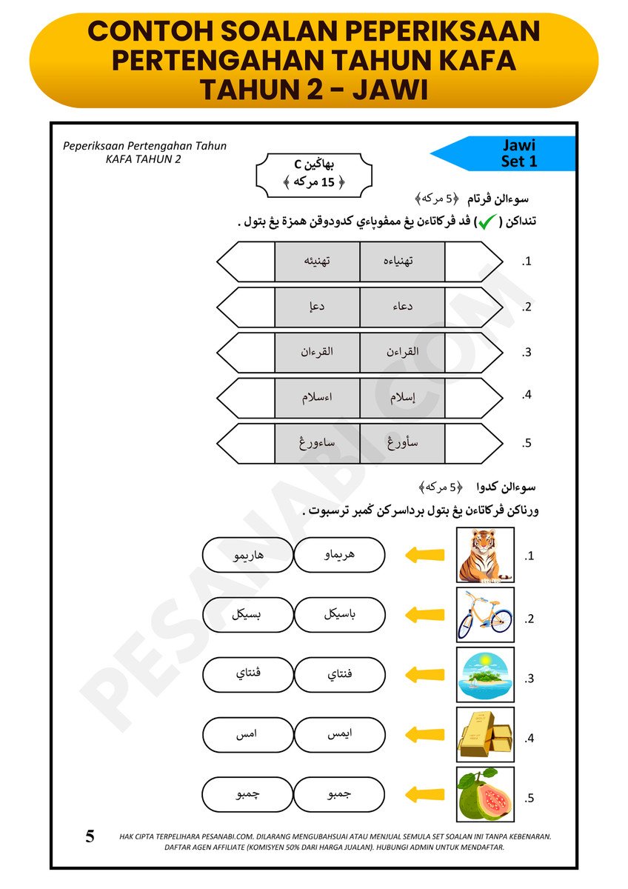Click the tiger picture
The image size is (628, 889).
[485, 555]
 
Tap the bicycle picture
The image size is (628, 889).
[485, 615]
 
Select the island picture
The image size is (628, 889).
[485, 675]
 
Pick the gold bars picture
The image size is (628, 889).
[485, 735]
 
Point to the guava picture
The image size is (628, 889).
[485, 795]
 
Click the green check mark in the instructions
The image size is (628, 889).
[487, 222]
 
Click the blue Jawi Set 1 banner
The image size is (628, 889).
[511, 153]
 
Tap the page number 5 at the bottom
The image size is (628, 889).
[90, 837]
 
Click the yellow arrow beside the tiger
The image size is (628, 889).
[426, 555]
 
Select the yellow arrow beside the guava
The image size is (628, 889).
[426, 795]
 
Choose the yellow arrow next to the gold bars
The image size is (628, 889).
[426, 735]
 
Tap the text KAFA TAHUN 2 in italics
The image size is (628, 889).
[143, 159]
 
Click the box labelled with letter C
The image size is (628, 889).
[314, 175]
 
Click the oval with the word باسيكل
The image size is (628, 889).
[340, 615]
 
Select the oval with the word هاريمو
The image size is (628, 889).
[247, 555]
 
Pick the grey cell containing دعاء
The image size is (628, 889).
[402, 307]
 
